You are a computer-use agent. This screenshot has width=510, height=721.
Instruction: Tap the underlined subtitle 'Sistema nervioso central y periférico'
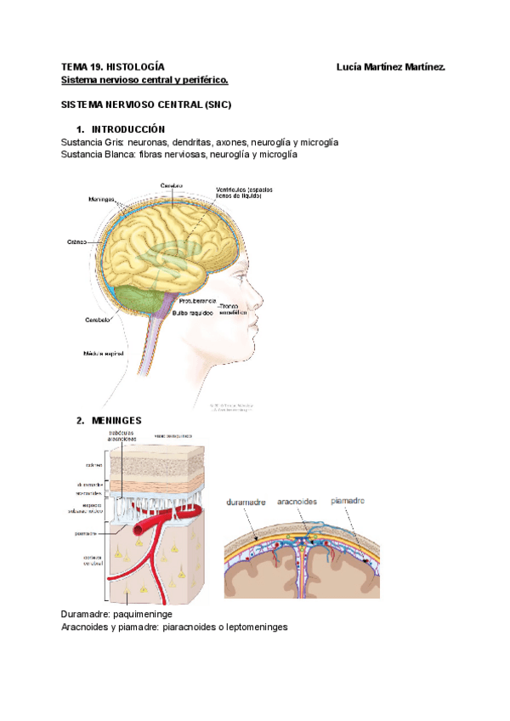pyautogui.click(x=144, y=80)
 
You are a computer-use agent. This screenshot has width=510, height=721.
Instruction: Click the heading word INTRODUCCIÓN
pyautogui.click(x=132, y=129)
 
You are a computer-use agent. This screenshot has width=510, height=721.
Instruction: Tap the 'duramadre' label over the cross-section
pyautogui.click(x=247, y=502)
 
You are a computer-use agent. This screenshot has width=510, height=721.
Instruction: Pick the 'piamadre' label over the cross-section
pyautogui.click(x=348, y=501)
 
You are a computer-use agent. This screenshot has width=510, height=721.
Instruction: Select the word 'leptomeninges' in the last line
pyautogui.click(x=256, y=627)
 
